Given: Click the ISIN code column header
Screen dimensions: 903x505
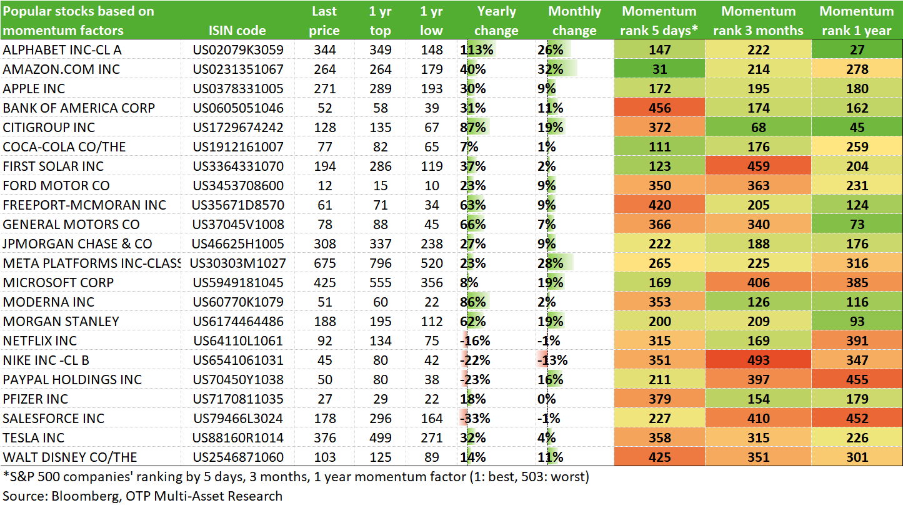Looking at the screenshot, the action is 237,30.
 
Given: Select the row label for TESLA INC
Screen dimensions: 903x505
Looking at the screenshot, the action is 34,437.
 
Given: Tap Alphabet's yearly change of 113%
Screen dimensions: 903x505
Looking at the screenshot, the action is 477,49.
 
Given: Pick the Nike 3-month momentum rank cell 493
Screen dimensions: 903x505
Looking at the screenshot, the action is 758,360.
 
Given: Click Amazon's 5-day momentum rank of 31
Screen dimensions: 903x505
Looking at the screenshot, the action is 659,69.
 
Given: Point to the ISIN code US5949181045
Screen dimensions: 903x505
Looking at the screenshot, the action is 238,283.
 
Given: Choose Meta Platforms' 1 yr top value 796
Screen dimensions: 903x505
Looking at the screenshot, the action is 380,263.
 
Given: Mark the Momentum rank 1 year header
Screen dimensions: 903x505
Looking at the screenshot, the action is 857,21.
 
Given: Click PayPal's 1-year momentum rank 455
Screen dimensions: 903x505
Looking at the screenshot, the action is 857,379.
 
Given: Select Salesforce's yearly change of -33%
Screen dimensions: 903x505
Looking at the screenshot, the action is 475,418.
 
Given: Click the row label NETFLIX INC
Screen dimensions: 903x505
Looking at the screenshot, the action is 39,340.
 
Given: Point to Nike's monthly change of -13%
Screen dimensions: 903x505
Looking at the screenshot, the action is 552,360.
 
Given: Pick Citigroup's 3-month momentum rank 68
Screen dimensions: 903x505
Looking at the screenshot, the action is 758,127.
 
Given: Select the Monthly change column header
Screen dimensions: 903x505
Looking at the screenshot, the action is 574,21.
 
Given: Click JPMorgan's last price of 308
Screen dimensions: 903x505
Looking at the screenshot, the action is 324,244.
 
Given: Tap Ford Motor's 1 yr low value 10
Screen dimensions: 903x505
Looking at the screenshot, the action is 431,186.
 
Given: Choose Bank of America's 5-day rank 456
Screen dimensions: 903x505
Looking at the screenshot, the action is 659,108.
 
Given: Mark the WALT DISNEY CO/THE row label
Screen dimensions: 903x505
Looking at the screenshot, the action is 70,457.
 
